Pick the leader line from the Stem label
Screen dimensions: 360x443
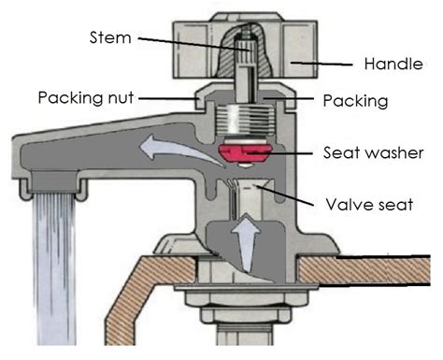coord(187,43)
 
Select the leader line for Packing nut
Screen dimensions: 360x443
coord(164,96)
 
